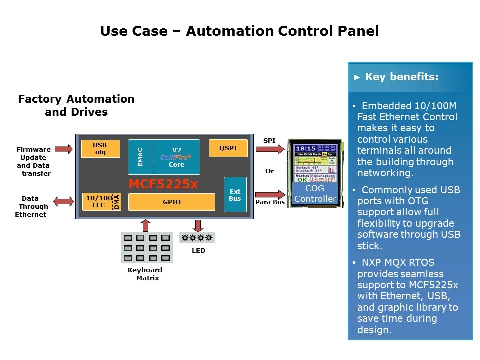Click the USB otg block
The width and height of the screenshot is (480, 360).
coord(100,149)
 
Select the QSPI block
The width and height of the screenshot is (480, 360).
coord(228,148)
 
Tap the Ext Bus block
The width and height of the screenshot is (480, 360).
coord(235,195)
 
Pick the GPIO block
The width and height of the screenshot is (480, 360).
coord(171,202)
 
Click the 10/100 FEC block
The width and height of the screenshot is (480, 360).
coord(98,201)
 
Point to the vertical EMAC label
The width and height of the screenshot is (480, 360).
coord(140,157)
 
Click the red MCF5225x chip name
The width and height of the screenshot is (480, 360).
coord(163,184)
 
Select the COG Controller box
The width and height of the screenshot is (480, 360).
coord(315,194)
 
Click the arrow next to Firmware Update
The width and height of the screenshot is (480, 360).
coord(64,148)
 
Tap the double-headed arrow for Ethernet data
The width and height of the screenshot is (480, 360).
coord(64,202)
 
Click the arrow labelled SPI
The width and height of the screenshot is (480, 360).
coord(270,148)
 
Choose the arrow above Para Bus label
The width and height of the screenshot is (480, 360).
coord(270,194)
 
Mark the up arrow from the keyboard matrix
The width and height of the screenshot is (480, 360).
coord(146,225)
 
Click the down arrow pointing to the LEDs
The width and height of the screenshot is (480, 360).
coord(198,226)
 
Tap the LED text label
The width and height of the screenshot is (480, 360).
coord(198,250)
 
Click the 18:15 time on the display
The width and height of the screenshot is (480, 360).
coord(305,148)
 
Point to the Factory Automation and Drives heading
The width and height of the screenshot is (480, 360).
coord(76,105)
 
